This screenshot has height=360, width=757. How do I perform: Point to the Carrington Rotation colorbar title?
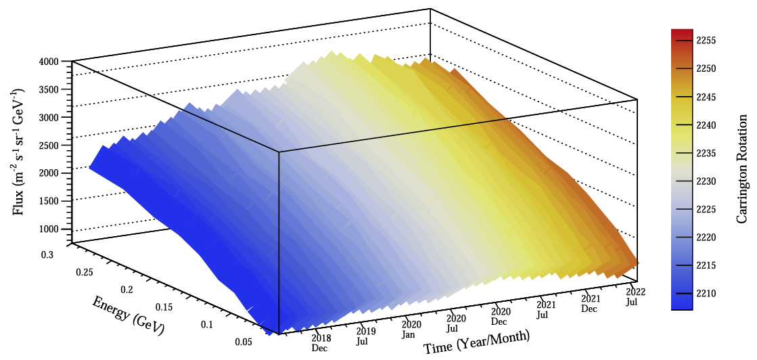pos(742,169)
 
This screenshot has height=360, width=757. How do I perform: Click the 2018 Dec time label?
pos(320,342)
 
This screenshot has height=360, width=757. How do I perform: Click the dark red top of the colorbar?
pos(682,32)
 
